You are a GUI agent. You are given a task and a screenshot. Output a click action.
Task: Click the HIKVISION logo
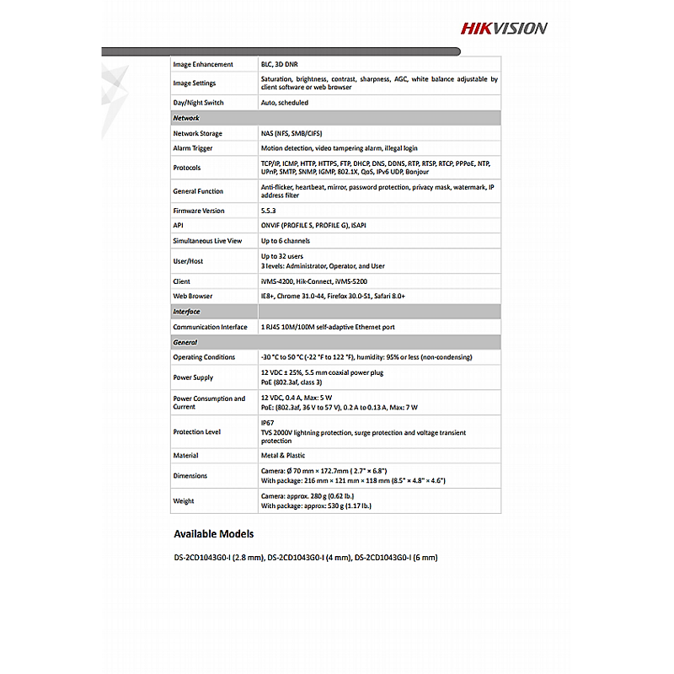coord(504,28)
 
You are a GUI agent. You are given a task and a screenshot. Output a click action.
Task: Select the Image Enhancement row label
coord(203,64)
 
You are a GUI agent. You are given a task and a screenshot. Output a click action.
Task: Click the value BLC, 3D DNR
coord(280,64)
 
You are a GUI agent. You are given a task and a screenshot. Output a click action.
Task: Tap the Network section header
coord(186,118)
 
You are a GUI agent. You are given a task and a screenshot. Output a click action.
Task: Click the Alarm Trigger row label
coord(193,148)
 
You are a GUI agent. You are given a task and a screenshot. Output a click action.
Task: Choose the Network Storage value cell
coord(292,133)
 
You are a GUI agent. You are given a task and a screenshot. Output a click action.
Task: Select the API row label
coord(179,226)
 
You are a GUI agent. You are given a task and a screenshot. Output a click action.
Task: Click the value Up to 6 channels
coord(286,241)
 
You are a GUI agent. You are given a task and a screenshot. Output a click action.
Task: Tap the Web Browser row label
coord(193,296)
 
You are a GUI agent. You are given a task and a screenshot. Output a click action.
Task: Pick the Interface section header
coord(187,312)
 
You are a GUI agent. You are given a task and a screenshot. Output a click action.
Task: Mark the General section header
coord(185,343)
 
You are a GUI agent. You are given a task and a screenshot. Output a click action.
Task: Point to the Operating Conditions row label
coord(205,357)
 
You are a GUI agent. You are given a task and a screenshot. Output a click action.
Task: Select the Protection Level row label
coord(197,431)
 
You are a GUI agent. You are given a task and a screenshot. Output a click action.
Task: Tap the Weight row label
coord(184,501)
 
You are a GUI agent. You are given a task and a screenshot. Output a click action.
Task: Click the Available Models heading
coord(213,533)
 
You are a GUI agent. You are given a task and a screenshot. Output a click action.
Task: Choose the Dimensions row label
coord(190,476)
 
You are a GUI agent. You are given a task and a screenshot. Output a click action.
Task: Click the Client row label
coord(182,281)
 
